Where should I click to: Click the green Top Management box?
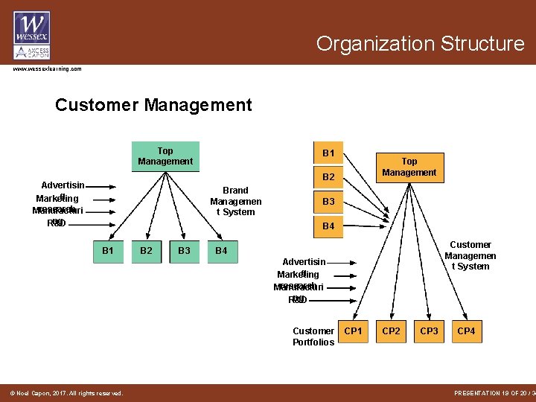(x=165, y=156)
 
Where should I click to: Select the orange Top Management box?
(x=409, y=167)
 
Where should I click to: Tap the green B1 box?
(x=108, y=252)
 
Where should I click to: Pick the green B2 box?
(x=146, y=252)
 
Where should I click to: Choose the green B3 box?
(x=184, y=252)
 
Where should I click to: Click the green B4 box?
(x=221, y=252)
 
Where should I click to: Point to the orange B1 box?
(x=328, y=153)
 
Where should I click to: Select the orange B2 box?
(x=328, y=177)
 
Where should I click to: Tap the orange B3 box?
(x=328, y=202)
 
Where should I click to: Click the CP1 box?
(x=354, y=331)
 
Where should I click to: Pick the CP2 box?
(x=392, y=331)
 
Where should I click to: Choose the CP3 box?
(x=429, y=331)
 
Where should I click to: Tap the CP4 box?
(x=466, y=331)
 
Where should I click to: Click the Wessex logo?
(x=32, y=36)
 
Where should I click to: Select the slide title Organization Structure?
(x=420, y=44)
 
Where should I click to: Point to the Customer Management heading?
(x=153, y=105)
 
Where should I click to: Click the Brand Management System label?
(x=235, y=201)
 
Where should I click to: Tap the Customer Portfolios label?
(x=313, y=336)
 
